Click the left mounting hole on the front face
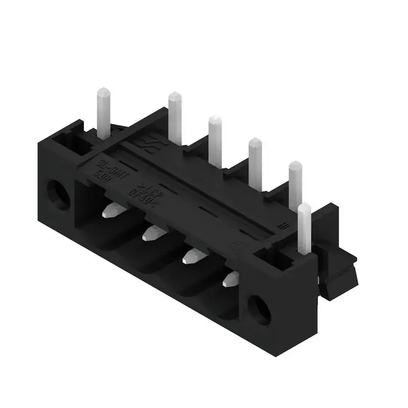59,194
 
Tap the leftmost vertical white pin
104,114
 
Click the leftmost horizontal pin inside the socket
114,210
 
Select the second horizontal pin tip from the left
153,234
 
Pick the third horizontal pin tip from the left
193,255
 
